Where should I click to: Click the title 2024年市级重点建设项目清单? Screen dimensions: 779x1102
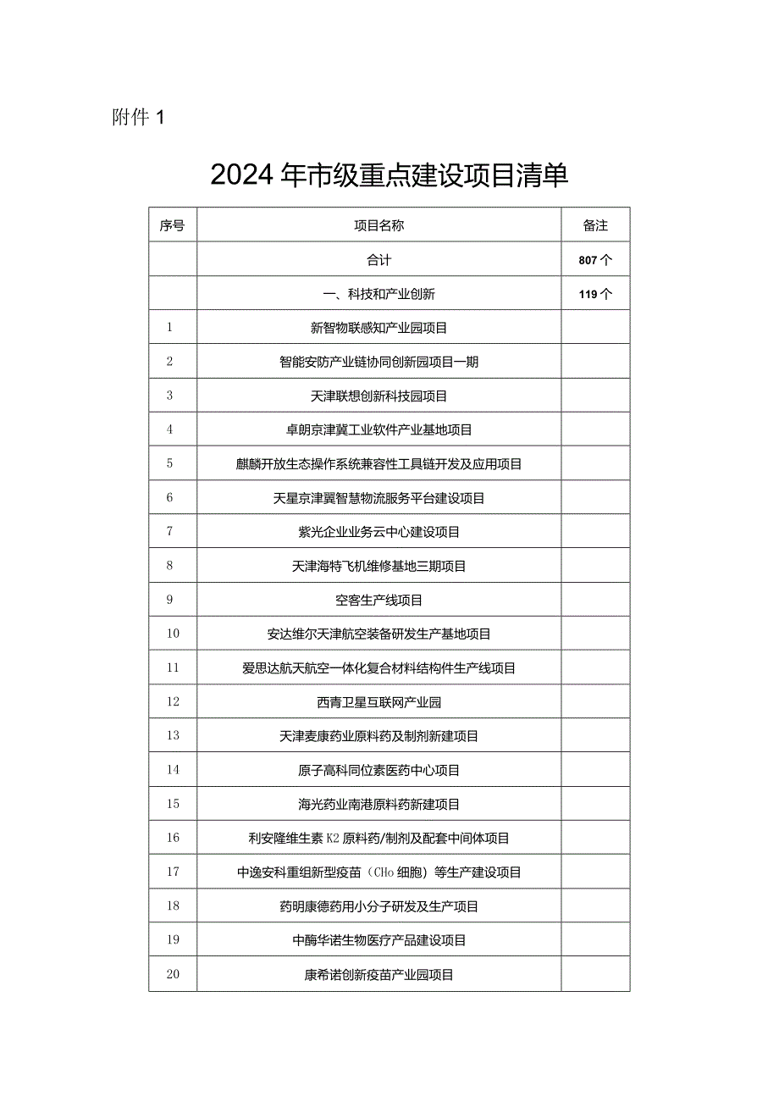click(389, 175)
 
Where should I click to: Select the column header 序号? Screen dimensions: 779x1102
click(173, 226)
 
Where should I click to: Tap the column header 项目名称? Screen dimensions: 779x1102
click(379, 226)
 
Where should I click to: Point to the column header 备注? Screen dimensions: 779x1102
click(595, 226)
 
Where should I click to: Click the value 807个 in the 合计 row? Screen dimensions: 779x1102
click(595, 261)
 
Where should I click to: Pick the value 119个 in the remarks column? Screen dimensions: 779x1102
click(595, 295)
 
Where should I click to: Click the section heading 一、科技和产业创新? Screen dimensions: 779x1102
click(379, 295)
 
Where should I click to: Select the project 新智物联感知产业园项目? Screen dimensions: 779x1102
click(379, 328)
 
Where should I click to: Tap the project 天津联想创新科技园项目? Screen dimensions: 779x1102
click(379, 396)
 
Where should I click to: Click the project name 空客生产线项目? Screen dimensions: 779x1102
click(379, 601)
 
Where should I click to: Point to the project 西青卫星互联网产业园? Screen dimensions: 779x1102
click(379, 702)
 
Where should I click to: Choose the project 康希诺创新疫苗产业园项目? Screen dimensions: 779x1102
click(379, 975)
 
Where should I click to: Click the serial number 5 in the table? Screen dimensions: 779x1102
click(170, 464)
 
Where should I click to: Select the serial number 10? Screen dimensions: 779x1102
click(173, 634)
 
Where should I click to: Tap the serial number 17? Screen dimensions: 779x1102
click(173, 872)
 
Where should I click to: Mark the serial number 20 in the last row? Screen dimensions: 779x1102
click(173, 975)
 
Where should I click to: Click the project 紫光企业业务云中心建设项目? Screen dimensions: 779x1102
click(379, 532)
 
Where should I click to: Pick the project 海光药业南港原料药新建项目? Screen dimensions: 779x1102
click(379, 805)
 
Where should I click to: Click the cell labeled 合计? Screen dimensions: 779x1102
click(379, 261)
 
